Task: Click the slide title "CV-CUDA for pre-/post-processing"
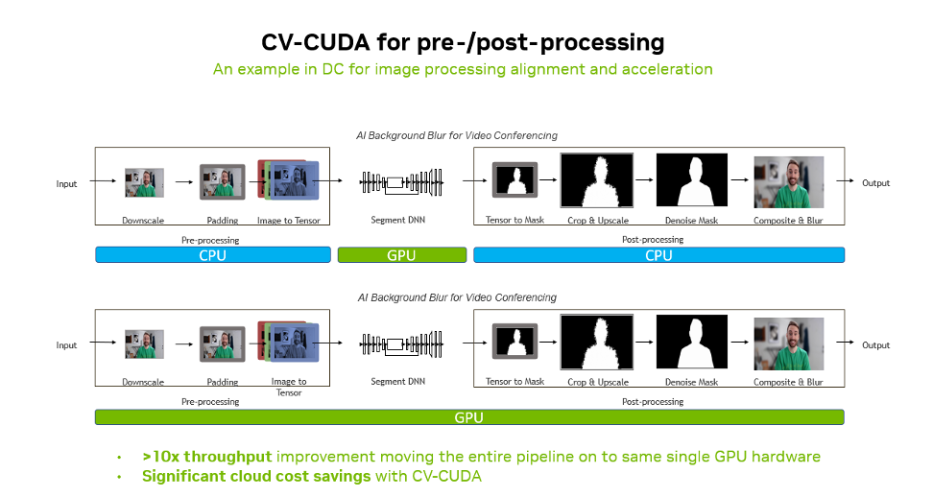tap(463, 42)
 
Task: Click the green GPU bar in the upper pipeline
tap(401, 255)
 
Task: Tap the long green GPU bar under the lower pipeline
tap(469, 417)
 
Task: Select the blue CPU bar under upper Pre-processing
tap(213, 255)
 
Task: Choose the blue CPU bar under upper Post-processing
tap(658, 255)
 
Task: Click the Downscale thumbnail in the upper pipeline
tap(144, 182)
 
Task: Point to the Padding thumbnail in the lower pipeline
tap(223, 343)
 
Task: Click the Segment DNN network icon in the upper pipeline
tap(401, 182)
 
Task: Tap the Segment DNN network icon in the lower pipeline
tap(401, 344)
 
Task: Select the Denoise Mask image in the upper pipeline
tap(692, 180)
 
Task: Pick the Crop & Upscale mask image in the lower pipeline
tap(597, 343)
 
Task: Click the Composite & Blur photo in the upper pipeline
tap(789, 182)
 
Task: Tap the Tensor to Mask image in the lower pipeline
tap(515, 342)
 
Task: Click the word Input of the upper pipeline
tap(66, 184)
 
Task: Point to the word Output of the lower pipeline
tap(875, 345)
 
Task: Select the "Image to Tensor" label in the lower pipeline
tap(289, 387)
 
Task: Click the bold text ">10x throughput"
tap(207, 457)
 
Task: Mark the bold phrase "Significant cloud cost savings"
tap(256, 476)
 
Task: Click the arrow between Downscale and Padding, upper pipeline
tap(184, 182)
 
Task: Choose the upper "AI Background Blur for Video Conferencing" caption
tap(457, 135)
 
